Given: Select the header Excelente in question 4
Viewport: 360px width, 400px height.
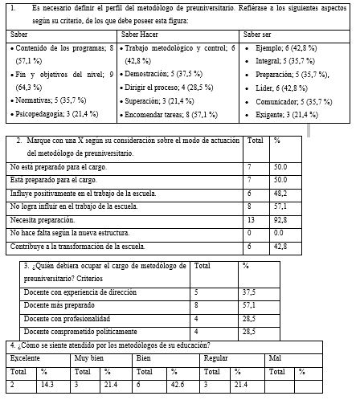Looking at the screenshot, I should (25, 357).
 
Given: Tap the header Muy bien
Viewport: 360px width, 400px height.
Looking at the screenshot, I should (88, 357).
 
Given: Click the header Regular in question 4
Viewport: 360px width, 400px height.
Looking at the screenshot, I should (215, 357).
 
